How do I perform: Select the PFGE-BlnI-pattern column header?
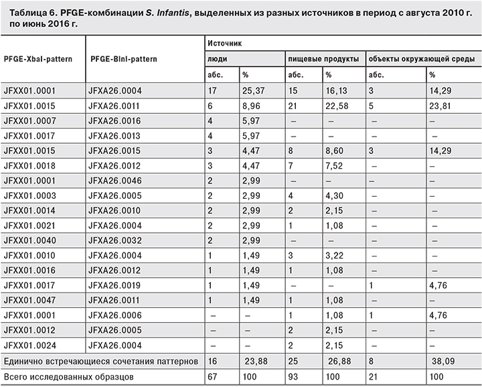point(123,58)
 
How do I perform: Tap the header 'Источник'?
point(223,42)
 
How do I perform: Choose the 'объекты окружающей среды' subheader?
point(422,58)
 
